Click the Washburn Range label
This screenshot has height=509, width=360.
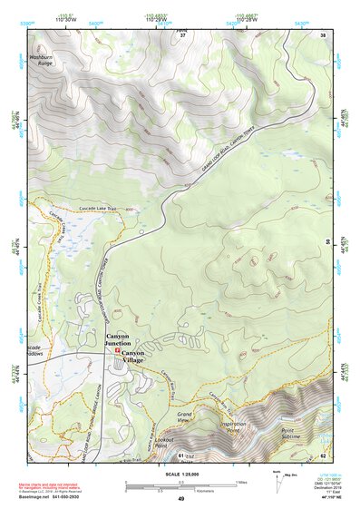(44, 61)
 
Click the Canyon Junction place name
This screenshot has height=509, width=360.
(124, 340)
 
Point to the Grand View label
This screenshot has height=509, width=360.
(188, 416)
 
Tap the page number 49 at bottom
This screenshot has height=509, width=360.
(180, 499)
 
